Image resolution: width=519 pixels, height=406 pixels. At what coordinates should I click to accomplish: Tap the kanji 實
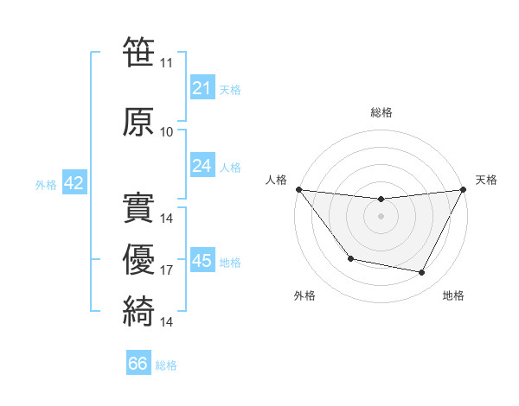click(x=138, y=208)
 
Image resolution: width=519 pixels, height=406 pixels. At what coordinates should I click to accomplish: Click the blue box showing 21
click(x=202, y=88)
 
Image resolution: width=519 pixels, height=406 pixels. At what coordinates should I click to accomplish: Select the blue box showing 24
click(x=202, y=166)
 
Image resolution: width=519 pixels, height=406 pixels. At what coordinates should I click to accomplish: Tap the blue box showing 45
click(x=202, y=261)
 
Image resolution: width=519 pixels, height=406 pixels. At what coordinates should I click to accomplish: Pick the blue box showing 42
click(x=73, y=183)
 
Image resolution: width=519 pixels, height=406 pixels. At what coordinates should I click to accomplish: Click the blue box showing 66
click(x=138, y=364)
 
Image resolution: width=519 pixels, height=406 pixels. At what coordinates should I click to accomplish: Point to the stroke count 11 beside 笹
click(x=167, y=63)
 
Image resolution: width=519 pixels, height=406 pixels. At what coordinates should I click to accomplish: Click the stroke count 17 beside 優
click(x=167, y=270)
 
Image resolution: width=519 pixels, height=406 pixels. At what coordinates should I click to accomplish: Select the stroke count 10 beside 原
click(x=167, y=131)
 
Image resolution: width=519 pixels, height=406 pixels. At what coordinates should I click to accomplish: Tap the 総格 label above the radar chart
click(x=381, y=112)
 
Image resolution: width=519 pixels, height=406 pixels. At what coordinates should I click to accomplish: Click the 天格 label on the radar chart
click(x=486, y=180)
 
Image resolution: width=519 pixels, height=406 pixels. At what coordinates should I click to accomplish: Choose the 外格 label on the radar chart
click(x=304, y=295)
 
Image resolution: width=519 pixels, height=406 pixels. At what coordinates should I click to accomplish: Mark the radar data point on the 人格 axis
click(x=298, y=189)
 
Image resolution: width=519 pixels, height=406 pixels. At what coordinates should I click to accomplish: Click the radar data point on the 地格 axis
click(x=422, y=273)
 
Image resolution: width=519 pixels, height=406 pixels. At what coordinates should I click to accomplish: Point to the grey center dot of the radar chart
click(x=381, y=216)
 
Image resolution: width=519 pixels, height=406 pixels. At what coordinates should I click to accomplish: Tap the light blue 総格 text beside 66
click(x=166, y=365)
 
